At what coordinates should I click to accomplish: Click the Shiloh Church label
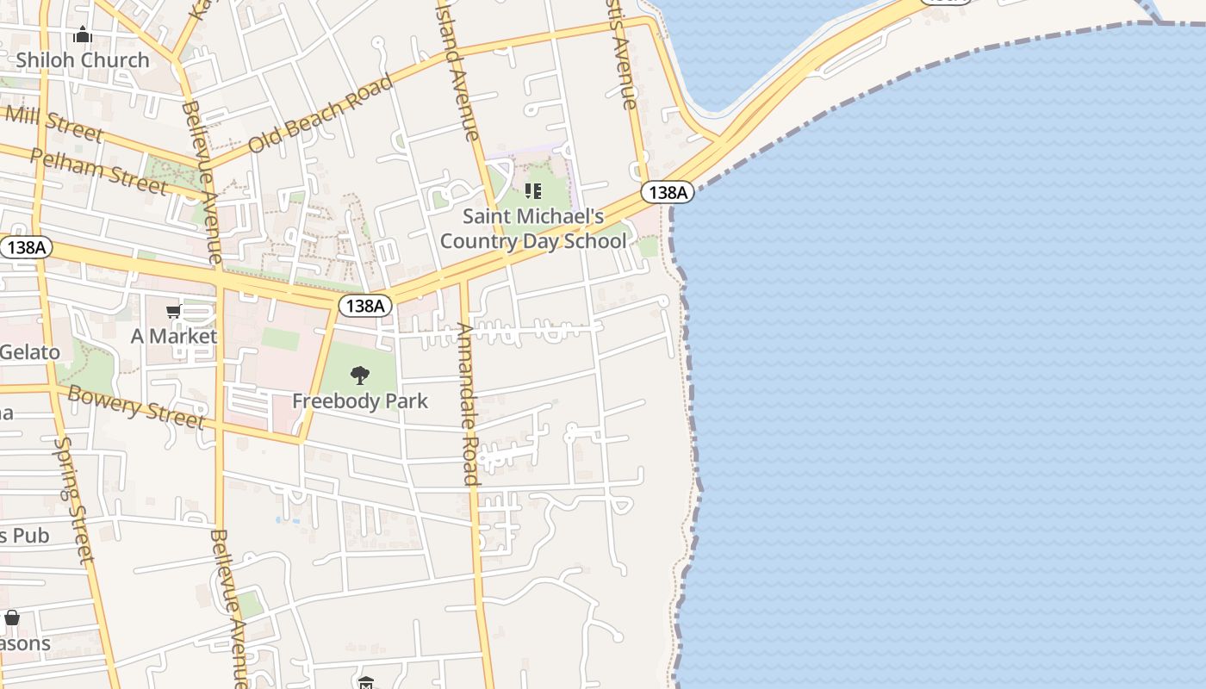coord(83,60)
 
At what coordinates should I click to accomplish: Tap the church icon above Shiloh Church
coord(83,34)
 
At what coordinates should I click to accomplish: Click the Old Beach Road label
coord(320,114)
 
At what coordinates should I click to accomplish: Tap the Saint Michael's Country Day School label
coord(533,228)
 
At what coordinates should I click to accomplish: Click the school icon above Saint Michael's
coord(533,190)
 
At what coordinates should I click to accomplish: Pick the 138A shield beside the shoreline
coord(667,192)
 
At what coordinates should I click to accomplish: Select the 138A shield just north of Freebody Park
coord(365,306)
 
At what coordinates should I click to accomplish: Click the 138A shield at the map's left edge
coord(25,248)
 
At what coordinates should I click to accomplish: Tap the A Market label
coord(174,336)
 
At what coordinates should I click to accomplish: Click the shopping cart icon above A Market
coord(174,311)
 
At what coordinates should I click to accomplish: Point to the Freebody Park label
coord(360,400)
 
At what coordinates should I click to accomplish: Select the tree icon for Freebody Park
coord(360,375)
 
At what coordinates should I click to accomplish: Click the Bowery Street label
coord(136,407)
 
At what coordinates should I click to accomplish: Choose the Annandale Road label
coord(467,403)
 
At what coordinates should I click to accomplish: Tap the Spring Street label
coord(73,500)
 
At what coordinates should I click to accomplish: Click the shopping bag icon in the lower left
coord(12,618)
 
